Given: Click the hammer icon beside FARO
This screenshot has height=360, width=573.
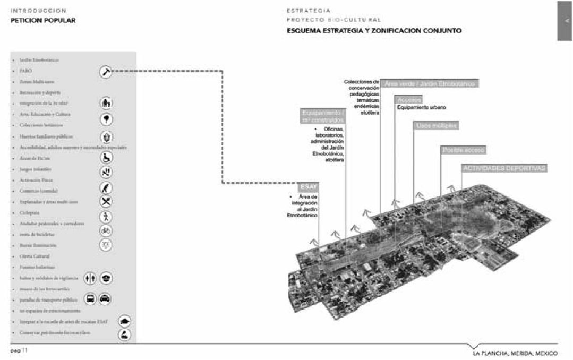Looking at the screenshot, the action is [x=106, y=72].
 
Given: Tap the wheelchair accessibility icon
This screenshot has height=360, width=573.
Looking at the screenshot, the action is [x=106, y=158].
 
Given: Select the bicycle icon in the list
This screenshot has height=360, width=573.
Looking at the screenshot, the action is [x=106, y=230].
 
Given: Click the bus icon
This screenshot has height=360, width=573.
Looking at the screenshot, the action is [x=90, y=299].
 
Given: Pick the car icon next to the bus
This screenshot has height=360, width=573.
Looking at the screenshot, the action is [x=105, y=299].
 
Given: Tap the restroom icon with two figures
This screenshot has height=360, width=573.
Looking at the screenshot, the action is [x=90, y=278].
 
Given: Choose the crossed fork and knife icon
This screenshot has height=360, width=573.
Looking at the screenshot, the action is [x=106, y=201].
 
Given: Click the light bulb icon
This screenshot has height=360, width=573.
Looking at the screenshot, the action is [x=106, y=245].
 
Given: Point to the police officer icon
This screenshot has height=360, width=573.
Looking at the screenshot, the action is [x=105, y=278].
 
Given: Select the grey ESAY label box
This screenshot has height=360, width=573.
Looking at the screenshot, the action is [x=309, y=187].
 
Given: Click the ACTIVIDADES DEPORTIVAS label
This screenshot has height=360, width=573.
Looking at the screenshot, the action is [x=503, y=168].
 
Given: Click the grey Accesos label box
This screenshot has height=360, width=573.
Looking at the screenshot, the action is [x=408, y=99].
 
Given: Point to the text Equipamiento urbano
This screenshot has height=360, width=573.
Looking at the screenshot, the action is [x=422, y=107].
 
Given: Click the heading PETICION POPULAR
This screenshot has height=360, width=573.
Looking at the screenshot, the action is [x=44, y=21].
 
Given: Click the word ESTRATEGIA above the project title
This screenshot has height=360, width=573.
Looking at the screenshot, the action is [x=309, y=10].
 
